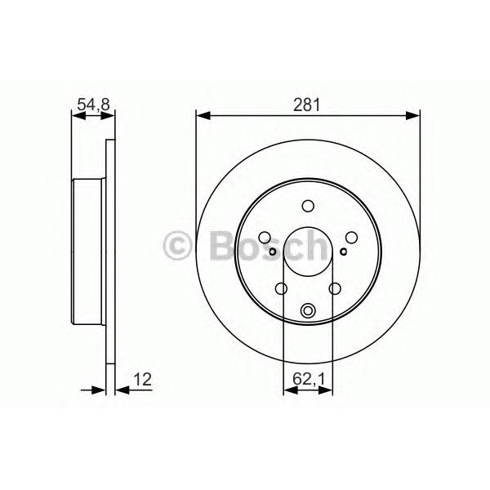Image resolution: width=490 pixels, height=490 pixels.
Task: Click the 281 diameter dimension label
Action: point(307,105)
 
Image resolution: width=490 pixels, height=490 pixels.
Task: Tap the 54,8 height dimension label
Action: point(93,105)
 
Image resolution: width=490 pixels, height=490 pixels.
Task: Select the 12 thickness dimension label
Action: point(142,380)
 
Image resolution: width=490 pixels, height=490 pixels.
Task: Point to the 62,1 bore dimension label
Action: point(309,379)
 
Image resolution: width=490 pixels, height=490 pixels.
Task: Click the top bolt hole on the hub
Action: point(308,206)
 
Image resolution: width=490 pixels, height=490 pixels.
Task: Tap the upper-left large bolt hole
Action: point(265,238)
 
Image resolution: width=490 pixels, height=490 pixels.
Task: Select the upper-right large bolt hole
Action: point(351,238)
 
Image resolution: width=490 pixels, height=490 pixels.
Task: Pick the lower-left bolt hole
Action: point(281,288)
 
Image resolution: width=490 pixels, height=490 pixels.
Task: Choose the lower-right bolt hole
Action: point(335,288)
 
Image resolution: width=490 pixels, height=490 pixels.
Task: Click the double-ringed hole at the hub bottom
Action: point(308,310)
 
